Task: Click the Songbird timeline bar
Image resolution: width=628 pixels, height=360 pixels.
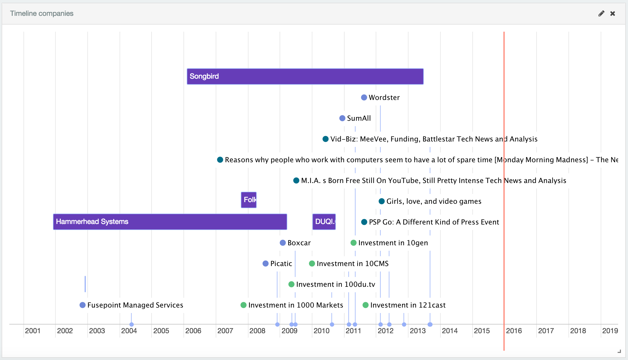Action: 305,76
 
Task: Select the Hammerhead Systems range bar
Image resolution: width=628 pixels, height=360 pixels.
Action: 170,222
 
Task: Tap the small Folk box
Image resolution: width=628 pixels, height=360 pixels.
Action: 248,200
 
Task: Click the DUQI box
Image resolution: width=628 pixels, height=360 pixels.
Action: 324,222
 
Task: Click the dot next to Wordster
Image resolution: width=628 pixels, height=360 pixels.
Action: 364,98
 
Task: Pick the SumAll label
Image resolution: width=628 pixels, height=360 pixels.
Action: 359,118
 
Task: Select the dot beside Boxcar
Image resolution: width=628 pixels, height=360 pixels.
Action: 283,243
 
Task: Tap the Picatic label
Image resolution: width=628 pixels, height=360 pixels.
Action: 281,264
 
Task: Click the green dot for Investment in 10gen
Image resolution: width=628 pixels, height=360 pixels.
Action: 354,243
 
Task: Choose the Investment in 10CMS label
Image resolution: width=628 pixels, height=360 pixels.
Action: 352,264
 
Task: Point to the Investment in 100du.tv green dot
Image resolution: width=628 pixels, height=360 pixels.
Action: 291,284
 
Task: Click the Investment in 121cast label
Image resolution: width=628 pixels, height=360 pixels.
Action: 408,305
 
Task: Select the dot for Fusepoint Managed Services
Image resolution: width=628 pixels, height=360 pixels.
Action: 82,305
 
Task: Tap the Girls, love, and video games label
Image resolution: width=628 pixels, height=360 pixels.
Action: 434,201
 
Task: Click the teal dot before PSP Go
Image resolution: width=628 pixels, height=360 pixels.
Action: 364,222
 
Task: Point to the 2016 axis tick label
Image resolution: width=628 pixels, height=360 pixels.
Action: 514,331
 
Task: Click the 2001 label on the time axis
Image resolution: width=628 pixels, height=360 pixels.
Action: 33,331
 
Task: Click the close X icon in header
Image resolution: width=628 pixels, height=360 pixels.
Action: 613,14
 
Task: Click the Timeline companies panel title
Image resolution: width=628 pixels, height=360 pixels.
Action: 42,13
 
